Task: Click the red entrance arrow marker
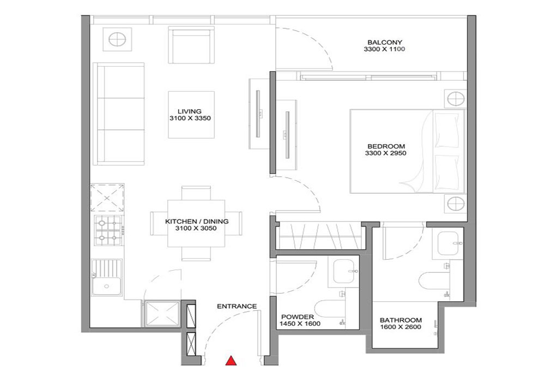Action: (x=231, y=361)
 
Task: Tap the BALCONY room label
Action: (x=385, y=43)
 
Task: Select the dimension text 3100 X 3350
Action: (x=190, y=118)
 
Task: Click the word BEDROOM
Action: (x=386, y=146)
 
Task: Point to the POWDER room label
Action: (x=298, y=317)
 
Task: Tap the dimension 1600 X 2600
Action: (x=401, y=327)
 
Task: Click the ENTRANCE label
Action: (x=237, y=306)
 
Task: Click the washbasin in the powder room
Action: (x=343, y=271)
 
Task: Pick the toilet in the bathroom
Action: (x=434, y=281)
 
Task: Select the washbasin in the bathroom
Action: (x=450, y=244)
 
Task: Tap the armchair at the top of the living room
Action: (x=190, y=46)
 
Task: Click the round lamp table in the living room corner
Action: (x=118, y=39)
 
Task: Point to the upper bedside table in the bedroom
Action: (x=456, y=99)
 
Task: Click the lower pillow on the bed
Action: (x=447, y=173)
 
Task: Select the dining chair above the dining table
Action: (x=196, y=193)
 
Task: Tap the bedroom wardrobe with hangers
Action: (x=320, y=237)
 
